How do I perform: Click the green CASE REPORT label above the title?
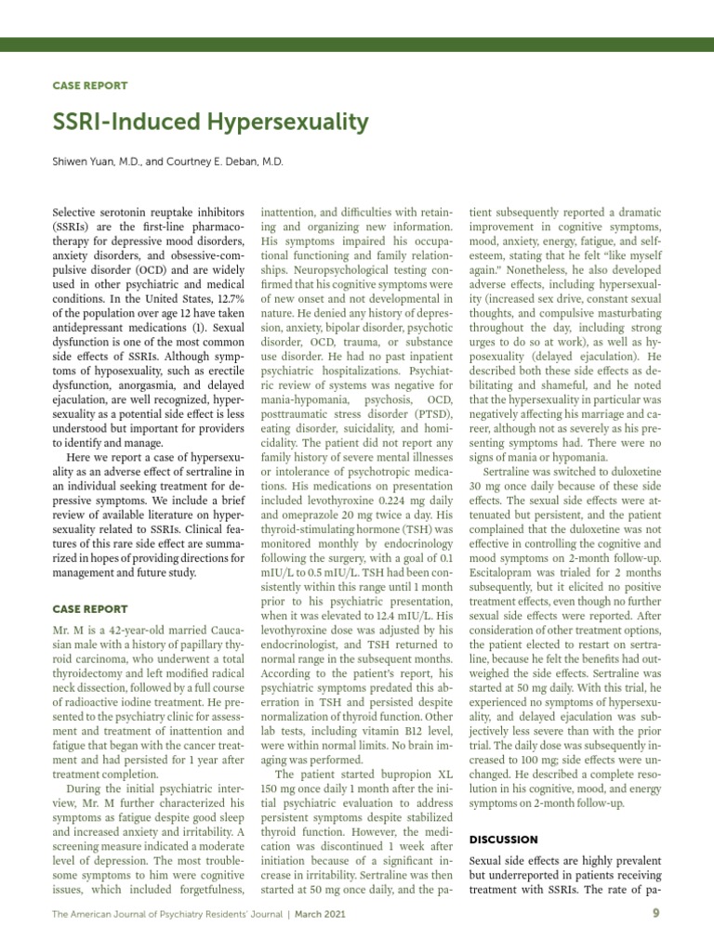click(89, 85)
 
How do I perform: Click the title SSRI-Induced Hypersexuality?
click(209, 123)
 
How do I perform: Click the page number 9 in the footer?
click(656, 913)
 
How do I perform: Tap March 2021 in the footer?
click(322, 914)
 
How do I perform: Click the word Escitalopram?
click(506, 575)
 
